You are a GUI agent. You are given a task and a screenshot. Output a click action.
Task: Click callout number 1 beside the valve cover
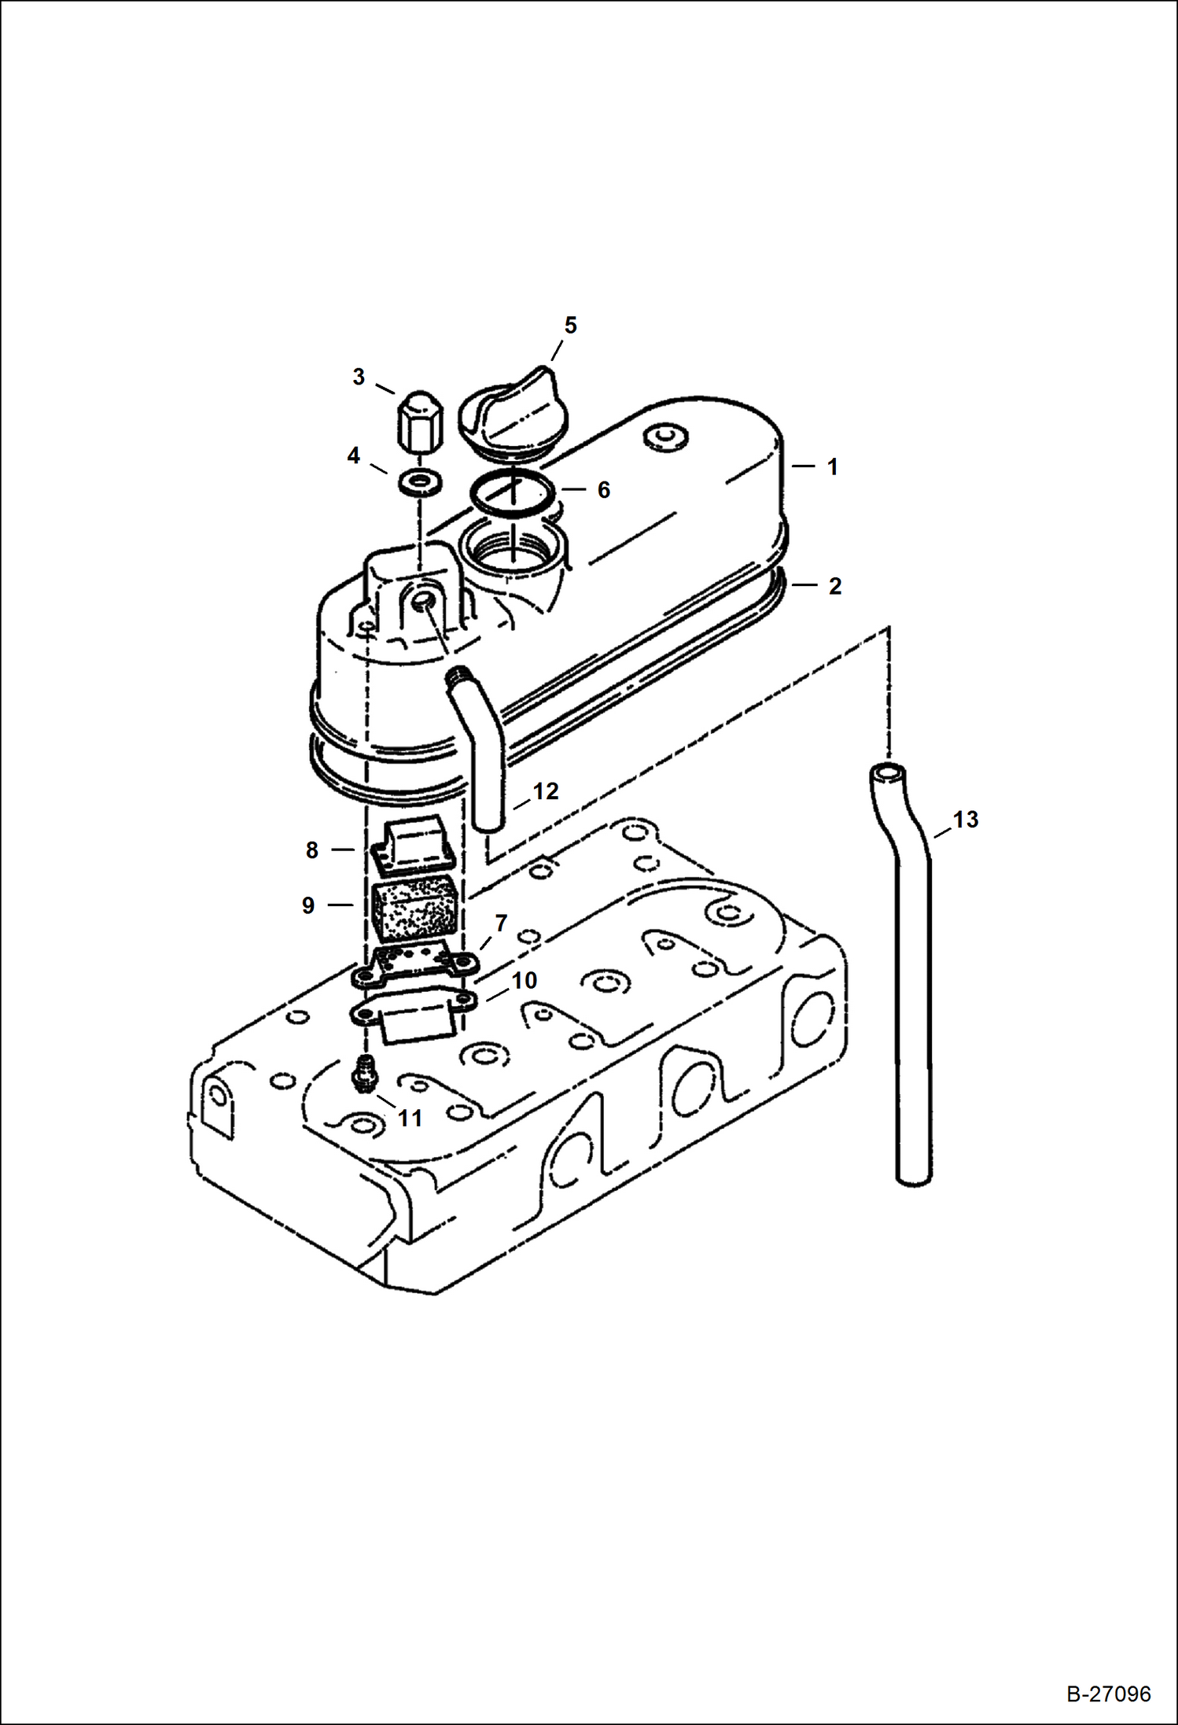coord(832,466)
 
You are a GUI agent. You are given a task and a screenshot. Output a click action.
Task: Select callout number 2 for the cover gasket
coord(834,586)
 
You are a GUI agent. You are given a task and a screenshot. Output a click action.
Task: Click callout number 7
coord(501,923)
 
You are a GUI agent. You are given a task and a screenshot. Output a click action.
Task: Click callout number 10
coord(525,980)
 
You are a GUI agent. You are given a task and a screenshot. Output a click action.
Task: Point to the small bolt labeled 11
coord(362,1074)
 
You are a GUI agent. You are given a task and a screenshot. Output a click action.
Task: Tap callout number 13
coord(966,820)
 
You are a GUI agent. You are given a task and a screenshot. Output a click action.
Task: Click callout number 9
coord(308,905)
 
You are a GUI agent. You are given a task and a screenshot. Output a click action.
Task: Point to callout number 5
coord(570,325)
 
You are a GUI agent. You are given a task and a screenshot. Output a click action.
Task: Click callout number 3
coord(359,377)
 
